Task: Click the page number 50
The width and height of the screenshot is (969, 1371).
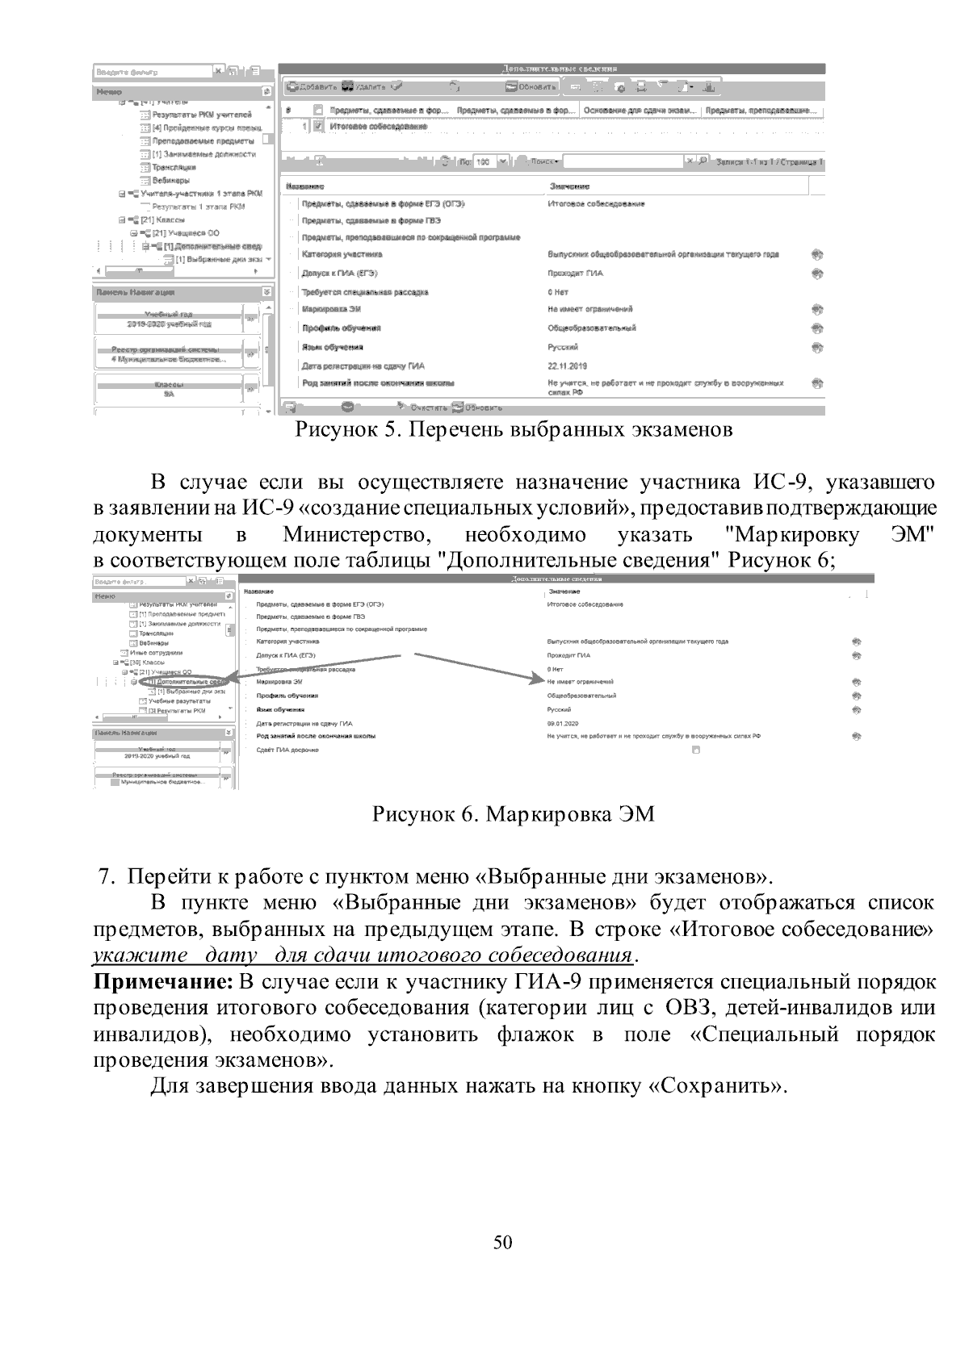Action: [x=502, y=1243]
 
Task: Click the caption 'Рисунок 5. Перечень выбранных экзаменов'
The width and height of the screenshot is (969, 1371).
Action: [x=513, y=429]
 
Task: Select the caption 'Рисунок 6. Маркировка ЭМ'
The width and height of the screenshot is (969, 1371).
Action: [x=513, y=813]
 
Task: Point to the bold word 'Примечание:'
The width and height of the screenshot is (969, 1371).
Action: [x=164, y=982]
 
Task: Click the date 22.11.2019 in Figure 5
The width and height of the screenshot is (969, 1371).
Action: [x=568, y=366]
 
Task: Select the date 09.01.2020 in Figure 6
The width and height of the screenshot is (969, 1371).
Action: [x=563, y=724]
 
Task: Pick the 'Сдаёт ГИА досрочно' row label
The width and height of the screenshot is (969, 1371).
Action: [x=287, y=750]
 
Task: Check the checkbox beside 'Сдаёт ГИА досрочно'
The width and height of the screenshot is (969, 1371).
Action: [x=696, y=750]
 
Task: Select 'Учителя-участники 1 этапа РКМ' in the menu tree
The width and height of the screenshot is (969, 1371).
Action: [x=201, y=194]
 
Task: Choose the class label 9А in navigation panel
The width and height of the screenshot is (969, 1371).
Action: [x=169, y=395]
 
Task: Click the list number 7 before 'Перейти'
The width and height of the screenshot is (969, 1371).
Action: [x=103, y=877]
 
